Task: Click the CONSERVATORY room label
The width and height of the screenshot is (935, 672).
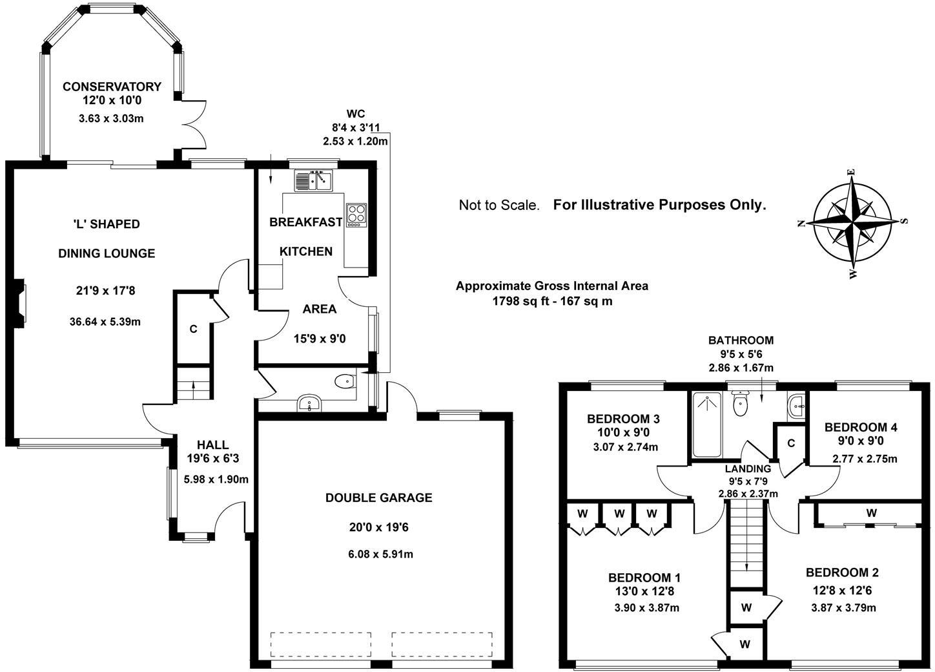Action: (112, 87)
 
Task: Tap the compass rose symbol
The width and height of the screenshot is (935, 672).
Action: (852, 221)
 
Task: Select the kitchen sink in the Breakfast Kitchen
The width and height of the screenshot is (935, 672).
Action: (313, 180)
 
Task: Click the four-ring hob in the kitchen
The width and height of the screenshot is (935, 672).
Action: (356, 215)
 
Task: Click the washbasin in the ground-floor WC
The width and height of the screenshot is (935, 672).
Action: (310, 404)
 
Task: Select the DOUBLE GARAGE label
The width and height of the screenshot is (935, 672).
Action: (378, 498)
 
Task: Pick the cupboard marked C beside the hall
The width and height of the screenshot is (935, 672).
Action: (193, 329)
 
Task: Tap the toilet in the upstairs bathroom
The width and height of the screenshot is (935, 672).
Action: (740, 405)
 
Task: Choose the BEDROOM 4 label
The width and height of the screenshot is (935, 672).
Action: (860, 427)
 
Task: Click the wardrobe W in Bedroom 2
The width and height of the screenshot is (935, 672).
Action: (871, 513)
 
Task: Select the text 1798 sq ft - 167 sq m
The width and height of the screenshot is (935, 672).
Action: (552, 300)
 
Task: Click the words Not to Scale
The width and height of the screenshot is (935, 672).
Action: (498, 205)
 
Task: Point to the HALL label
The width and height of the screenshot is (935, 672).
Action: (212, 445)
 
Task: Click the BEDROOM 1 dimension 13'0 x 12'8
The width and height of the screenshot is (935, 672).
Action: (644, 591)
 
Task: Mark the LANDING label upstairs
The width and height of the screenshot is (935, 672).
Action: (748, 468)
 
